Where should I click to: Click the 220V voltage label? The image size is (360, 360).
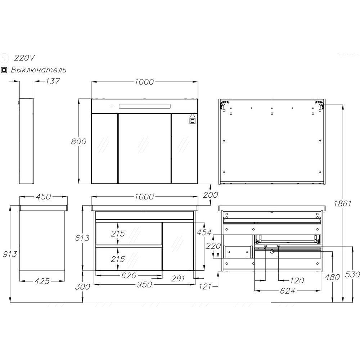[x=24, y=58]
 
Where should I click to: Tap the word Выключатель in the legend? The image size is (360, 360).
[x=39, y=69]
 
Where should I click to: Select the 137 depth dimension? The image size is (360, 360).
[x=52, y=81]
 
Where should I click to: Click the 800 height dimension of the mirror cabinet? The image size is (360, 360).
[x=78, y=141]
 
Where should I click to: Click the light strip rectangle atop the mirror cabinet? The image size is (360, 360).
[x=145, y=106]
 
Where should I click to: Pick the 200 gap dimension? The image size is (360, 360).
[x=210, y=195]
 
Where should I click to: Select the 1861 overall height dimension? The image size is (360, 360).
[x=343, y=203]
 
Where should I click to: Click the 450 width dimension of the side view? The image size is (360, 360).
[x=44, y=197]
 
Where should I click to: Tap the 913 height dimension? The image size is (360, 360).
[x=10, y=254]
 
